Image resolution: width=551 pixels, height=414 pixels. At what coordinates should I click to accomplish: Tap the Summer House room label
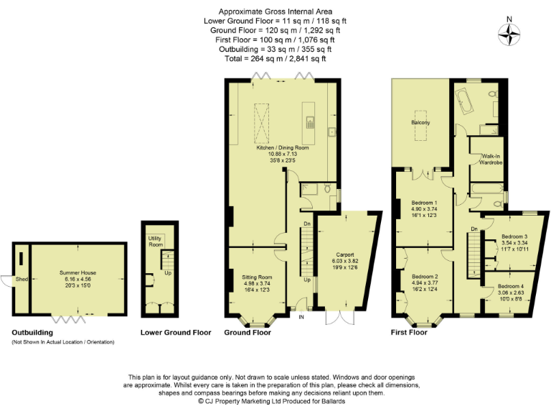[x=78, y=273]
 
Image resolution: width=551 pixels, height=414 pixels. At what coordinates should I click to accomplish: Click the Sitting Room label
[x=255, y=277]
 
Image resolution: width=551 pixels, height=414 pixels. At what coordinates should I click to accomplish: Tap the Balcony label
[x=420, y=123]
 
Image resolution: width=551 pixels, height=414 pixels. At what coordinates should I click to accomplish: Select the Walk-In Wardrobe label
[x=491, y=159]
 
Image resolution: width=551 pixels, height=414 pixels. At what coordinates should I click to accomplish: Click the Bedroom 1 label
[x=420, y=203]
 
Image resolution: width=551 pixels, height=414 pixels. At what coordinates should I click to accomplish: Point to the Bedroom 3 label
[x=514, y=236]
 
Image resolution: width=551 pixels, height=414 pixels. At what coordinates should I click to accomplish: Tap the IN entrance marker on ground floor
[x=301, y=317]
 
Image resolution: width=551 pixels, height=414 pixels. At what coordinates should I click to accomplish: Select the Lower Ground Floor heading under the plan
[x=174, y=333]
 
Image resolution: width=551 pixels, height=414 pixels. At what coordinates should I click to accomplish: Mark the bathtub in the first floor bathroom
[x=464, y=101]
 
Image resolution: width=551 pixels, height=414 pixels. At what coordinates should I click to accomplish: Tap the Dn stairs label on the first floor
[x=474, y=229]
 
